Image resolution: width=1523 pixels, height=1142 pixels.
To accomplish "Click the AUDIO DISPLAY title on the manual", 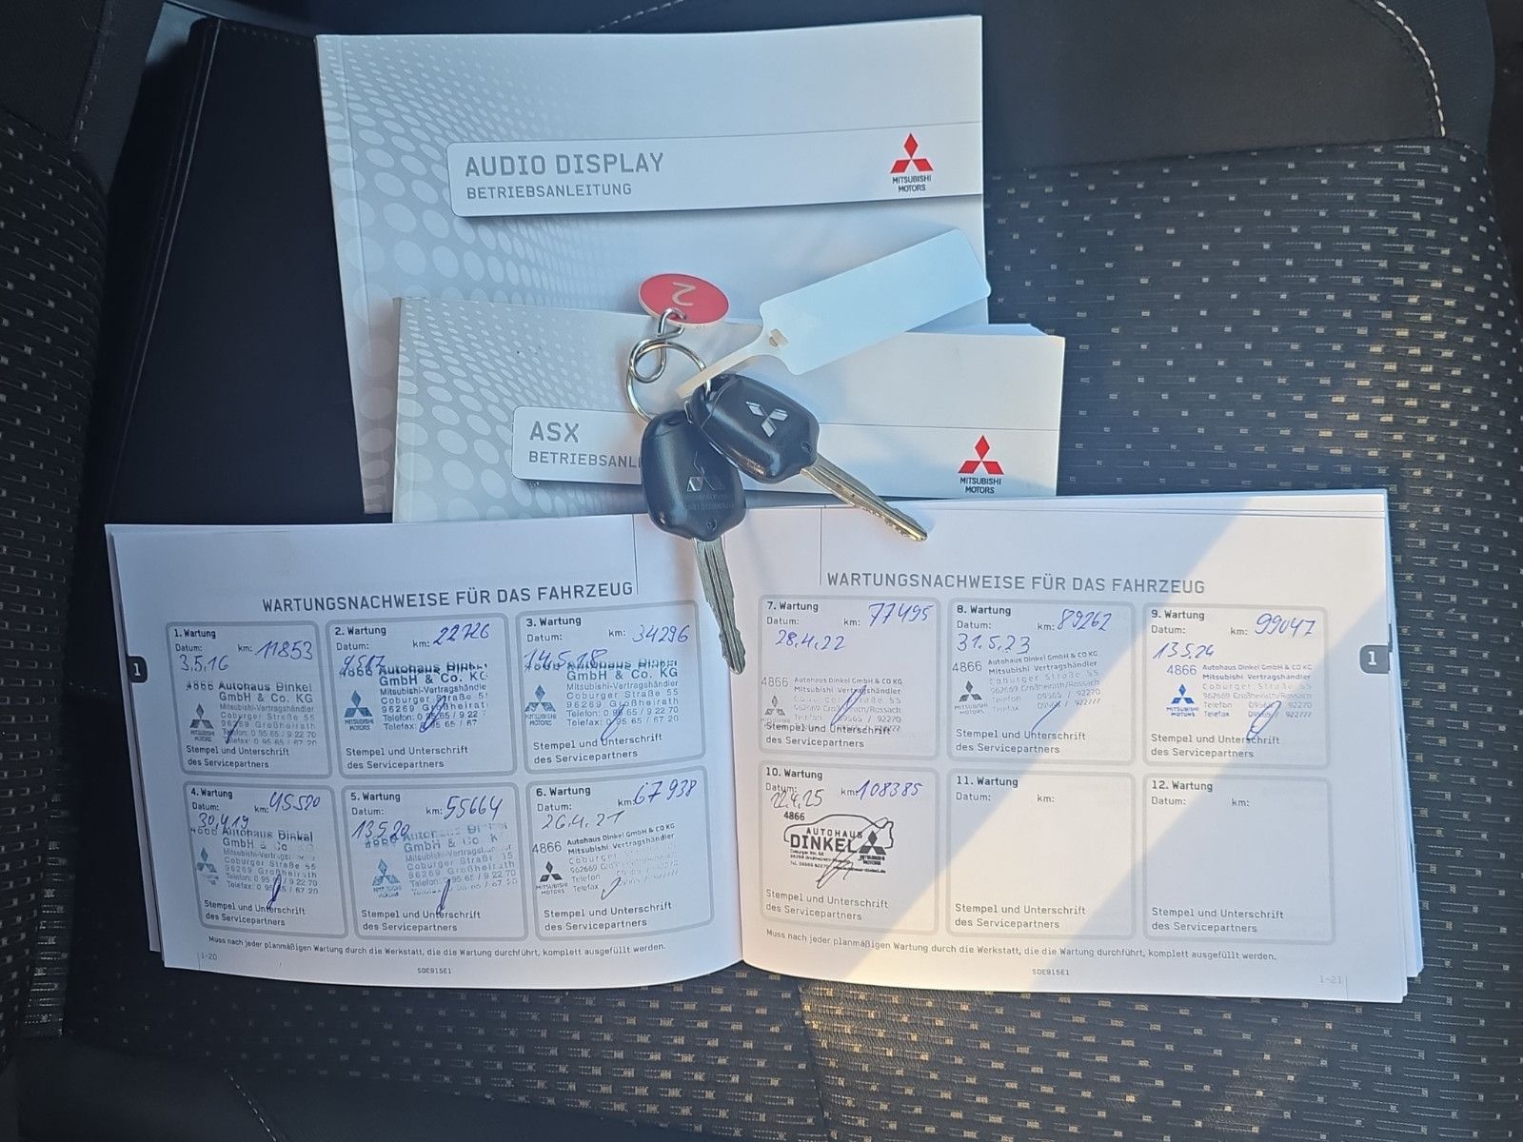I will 564,164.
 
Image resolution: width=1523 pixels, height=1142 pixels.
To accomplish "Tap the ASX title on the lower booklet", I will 554,432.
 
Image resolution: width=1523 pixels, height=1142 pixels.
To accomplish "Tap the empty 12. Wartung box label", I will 1180,785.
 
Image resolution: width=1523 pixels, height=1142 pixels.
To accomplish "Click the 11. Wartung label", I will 986,780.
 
